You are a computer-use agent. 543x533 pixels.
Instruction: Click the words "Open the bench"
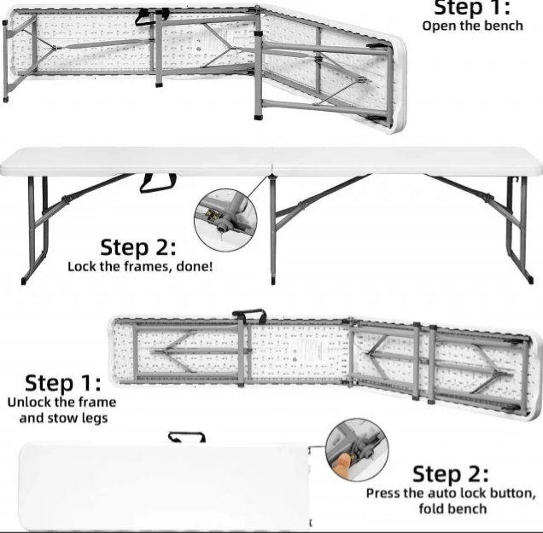point(472,26)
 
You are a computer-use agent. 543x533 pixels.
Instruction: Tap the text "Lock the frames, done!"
point(140,267)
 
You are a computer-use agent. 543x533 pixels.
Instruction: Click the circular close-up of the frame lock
point(225,220)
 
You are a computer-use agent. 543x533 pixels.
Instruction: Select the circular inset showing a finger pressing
point(357,449)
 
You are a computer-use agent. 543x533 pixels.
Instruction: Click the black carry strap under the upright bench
point(158,183)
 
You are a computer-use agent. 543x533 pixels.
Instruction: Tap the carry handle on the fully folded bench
point(187,437)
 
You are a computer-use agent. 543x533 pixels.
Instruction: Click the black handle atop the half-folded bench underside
point(249,315)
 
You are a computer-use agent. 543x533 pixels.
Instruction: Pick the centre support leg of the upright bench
point(273,230)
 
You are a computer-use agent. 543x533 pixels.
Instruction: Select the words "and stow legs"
point(63,418)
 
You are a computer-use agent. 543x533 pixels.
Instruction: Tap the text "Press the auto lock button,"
point(451,493)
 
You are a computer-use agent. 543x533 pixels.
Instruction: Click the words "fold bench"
point(452,509)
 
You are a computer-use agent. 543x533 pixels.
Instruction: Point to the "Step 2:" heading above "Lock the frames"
point(138,247)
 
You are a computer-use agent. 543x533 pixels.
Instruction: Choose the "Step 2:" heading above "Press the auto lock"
point(451,474)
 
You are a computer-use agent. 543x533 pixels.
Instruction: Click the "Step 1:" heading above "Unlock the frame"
point(63,383)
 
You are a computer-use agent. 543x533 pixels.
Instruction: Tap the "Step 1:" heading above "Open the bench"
point(472,8)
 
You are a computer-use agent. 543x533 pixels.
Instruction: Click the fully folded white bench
point(165,487)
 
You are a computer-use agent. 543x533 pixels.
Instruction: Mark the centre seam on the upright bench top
point(272,161)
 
